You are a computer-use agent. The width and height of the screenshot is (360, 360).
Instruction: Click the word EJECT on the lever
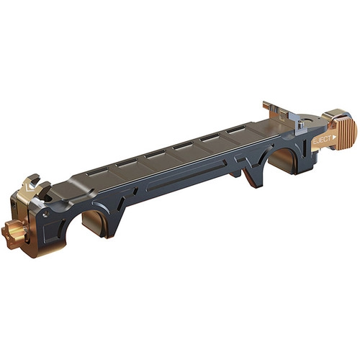pos(322,140)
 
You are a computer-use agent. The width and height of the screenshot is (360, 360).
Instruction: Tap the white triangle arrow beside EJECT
pos(335,138)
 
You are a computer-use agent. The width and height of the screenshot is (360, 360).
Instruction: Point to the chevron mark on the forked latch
pos(30,188)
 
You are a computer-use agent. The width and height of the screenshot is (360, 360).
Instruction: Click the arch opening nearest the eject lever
pos(283,158)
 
